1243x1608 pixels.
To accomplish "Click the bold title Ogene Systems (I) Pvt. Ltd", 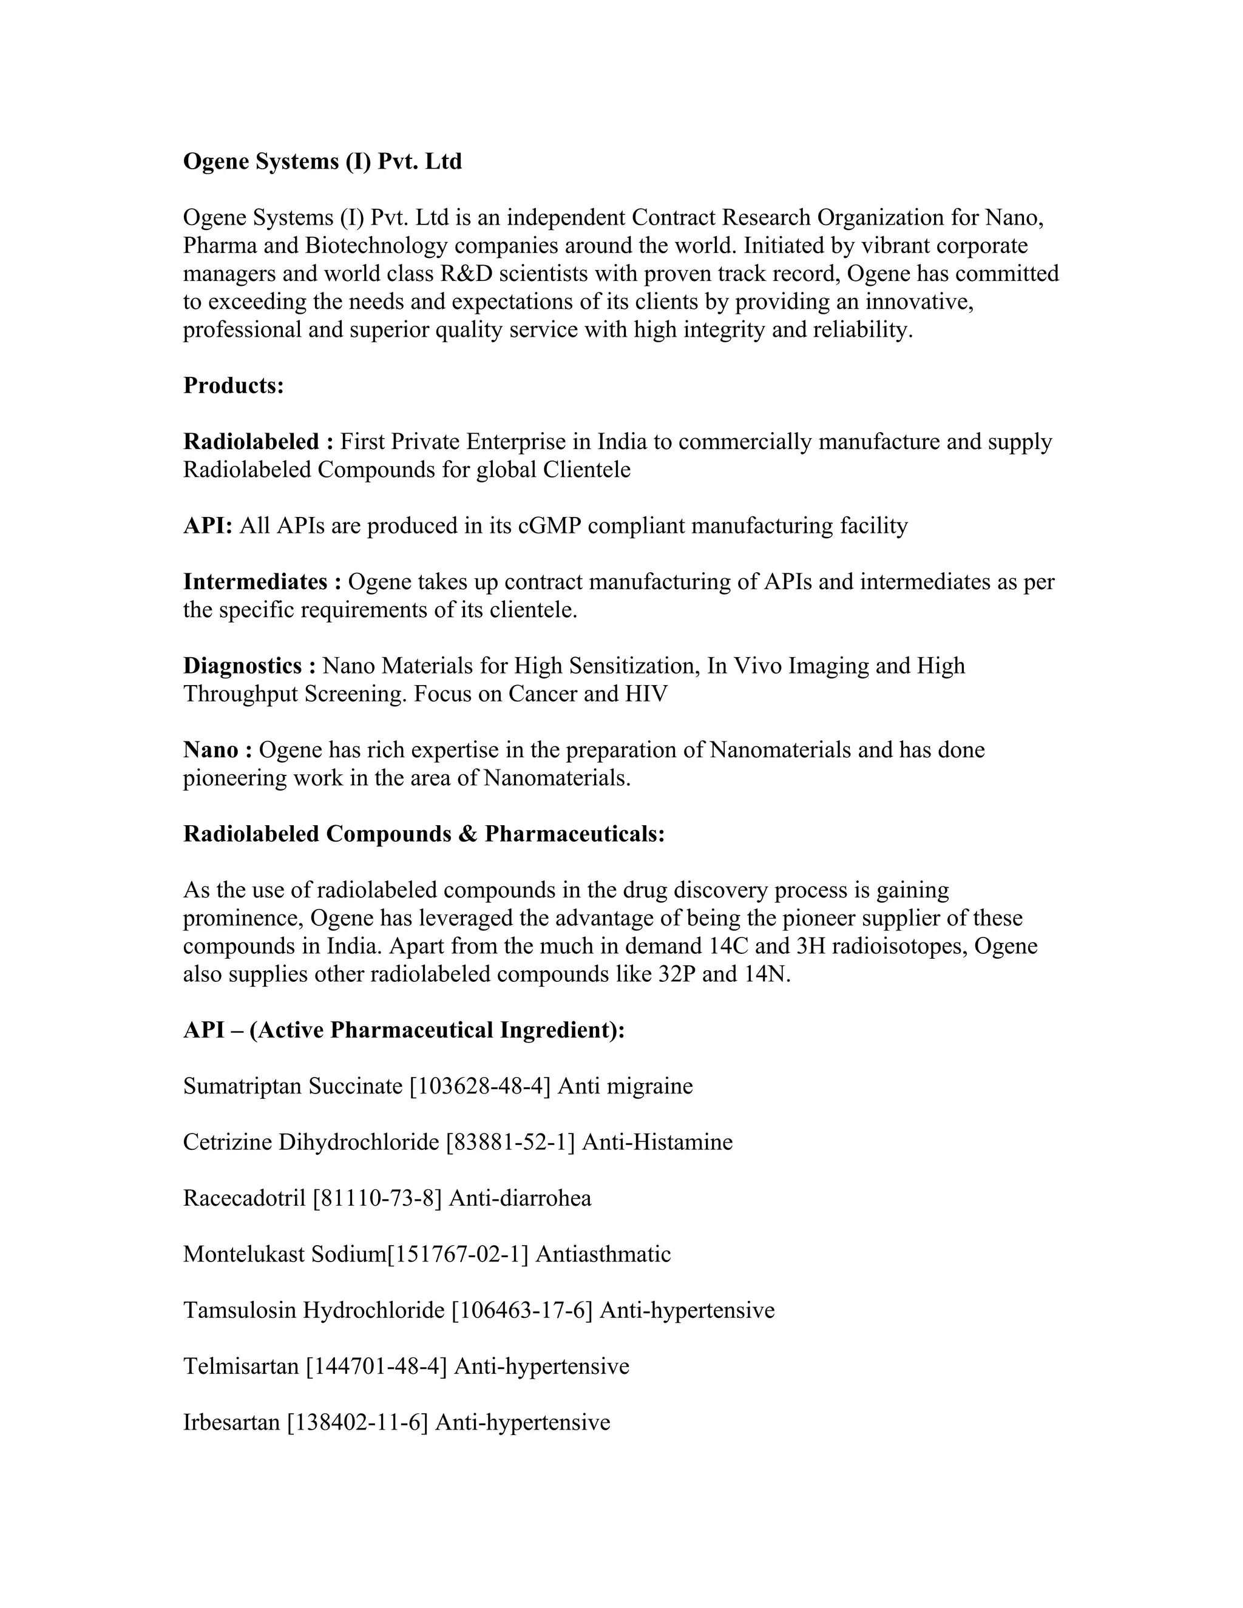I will (x=322, y=161).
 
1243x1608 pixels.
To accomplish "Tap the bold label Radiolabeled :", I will (x=259, y=442).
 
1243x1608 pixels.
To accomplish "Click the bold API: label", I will (x=208, y=525).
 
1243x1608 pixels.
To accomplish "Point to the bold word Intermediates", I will (x=255, y=582).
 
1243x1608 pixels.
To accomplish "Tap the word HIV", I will (x=646, y=694).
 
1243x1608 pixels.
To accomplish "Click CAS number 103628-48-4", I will (x=480, y=1086).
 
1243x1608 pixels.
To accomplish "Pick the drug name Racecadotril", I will (x=244, y=1198).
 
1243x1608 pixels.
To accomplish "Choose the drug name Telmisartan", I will (x=241, y=1366).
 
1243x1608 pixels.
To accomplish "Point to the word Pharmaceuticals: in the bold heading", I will (x=574, y=834).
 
